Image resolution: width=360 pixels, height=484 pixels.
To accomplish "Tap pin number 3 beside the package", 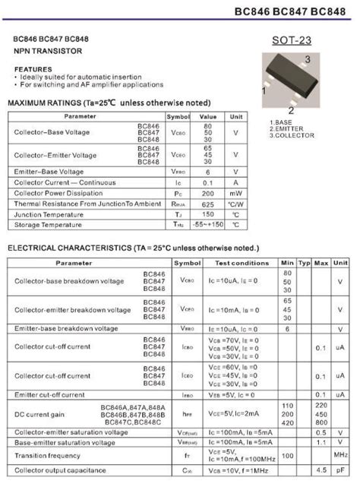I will coord(307,59).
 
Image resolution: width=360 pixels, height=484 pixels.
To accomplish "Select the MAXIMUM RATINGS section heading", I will coord(109,103).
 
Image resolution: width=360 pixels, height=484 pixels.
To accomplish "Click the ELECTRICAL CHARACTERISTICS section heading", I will coord(133,248).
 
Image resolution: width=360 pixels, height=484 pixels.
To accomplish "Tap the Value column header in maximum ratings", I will coord(208,116).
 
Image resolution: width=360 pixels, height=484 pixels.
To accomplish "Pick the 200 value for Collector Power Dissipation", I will coord(208,193).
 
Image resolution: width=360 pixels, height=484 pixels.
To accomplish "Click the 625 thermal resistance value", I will coord(208,204).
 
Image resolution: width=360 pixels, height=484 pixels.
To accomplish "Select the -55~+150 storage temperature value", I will coord(208,225).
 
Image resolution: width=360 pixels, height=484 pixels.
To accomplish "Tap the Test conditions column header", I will coord(242,262).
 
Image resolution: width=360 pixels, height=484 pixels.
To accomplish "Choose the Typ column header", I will coord(304,262).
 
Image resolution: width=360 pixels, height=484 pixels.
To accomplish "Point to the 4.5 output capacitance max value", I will coord(321,471).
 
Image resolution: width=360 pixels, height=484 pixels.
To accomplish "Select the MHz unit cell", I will coord(341,455).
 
